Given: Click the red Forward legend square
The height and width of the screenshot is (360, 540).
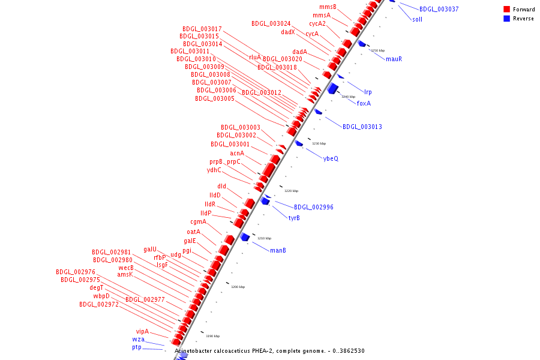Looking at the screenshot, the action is point(507,10).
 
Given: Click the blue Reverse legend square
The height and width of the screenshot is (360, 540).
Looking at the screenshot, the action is point(507,19).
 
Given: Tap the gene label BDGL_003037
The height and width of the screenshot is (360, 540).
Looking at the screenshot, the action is point(439,10).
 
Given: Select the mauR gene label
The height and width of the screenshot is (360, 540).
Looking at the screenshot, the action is point(394,59).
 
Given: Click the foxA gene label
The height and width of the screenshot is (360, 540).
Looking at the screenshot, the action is point(364,103).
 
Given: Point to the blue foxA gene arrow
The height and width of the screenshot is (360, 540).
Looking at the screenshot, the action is point(332,88).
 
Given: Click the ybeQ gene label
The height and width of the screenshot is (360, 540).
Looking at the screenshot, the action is point(331,158).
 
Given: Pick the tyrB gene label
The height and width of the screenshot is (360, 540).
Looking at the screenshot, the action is point(294,218).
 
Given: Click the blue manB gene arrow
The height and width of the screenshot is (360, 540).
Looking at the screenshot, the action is point(245,237).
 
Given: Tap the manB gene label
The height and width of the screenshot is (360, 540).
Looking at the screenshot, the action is point(278,250).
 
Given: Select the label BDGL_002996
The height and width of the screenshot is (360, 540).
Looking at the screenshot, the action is point(313,207).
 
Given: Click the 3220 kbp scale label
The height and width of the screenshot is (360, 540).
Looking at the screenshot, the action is point(291,191).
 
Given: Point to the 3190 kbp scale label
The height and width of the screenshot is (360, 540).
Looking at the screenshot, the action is point(212,336).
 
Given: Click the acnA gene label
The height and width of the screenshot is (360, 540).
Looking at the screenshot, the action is point(237,154).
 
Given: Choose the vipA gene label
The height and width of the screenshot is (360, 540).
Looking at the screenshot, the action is point(142,331).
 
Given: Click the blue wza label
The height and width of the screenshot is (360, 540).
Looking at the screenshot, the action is point(138,339).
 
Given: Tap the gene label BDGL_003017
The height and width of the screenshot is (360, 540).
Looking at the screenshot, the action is point(202,29).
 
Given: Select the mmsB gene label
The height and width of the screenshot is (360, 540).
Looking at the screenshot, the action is point(328,7).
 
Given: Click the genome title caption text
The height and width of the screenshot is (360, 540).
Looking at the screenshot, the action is point(269,351).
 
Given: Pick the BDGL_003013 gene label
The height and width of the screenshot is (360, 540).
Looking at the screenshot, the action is point(362,127).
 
